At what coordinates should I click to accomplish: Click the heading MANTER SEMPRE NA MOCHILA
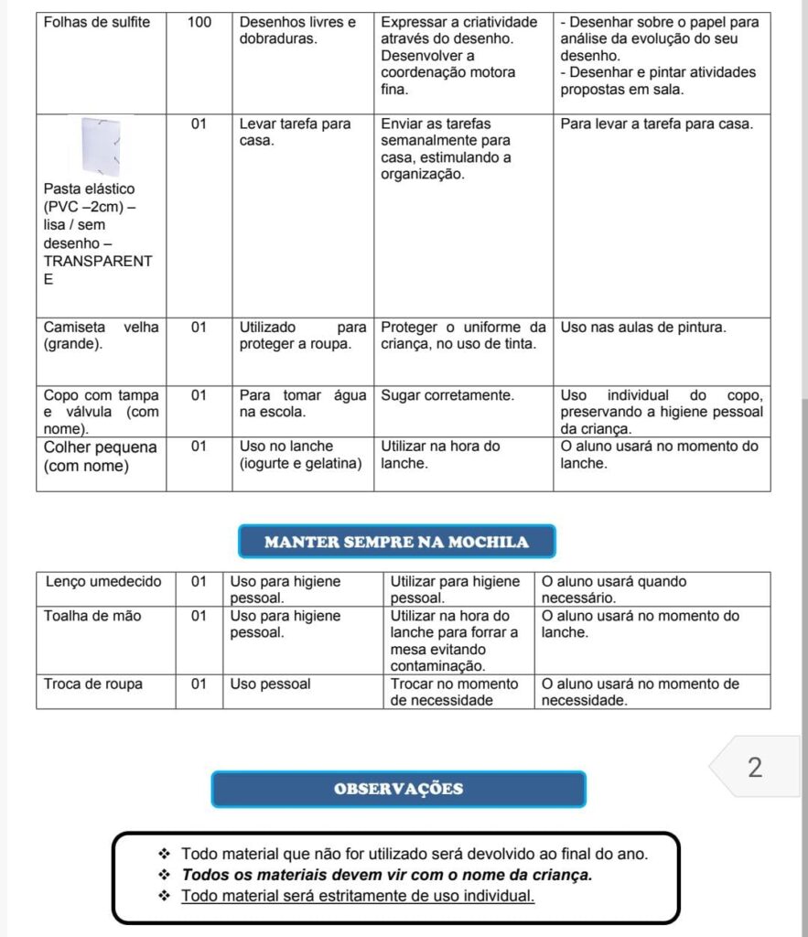(x=396, y=542)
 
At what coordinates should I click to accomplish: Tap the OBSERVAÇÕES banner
(x=398, y=789)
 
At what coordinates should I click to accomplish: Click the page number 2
(x=754, y=768)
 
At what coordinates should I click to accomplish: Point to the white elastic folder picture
(x=102, y=145)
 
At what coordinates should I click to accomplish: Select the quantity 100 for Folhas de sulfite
(x=199, y=21)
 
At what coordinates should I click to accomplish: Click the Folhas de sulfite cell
(x=97, y=21)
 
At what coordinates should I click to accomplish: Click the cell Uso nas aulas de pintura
(x=642, y=327)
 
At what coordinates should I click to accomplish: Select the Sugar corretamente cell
(x=447, y=395)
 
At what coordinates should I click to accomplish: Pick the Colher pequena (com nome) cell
(x=100, y=456)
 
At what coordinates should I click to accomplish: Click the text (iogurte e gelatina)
(x=301, y=464)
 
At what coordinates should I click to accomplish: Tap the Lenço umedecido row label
(x=102, y=582)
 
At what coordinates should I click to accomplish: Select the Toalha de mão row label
(x=92, y=617)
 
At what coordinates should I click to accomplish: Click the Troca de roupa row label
(x=93, y=684)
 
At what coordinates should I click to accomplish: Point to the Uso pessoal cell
(x=270, y=684)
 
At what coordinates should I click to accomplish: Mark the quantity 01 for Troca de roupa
(x=199, y=684)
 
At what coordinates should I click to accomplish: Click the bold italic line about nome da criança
(x=387, y=875)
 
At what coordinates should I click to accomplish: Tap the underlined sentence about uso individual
(x=358, y=896)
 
